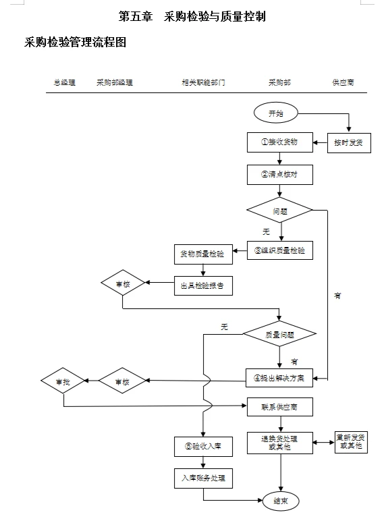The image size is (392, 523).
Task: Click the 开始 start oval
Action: coord(277,113)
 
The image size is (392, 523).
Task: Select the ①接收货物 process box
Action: coord(279,143)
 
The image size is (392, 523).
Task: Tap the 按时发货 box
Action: coord(349,143)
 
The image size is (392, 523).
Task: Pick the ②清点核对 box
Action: coord(279,174)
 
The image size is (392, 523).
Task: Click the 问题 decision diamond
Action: coord(279,210)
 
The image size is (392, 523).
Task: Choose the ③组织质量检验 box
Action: coord(279,250)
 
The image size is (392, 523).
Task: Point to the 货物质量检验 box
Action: coord(202,254)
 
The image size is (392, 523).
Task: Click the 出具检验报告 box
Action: coord(202,285)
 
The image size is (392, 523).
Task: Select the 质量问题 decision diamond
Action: coord(279,333)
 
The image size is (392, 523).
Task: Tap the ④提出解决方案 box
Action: coord(279,377)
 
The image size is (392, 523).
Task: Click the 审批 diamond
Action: coord(63,382)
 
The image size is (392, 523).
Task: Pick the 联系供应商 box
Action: coord(279,408)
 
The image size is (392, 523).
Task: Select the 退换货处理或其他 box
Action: coord(279,443)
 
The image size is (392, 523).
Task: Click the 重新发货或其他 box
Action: coord(351,442)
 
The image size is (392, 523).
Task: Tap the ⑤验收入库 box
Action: coord(202,446)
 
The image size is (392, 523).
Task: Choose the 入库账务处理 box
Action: coord(202,478)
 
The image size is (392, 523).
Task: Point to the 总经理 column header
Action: coord(65,83)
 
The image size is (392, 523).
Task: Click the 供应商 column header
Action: coord(343,83)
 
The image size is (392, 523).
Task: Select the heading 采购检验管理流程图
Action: coord(75,43)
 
